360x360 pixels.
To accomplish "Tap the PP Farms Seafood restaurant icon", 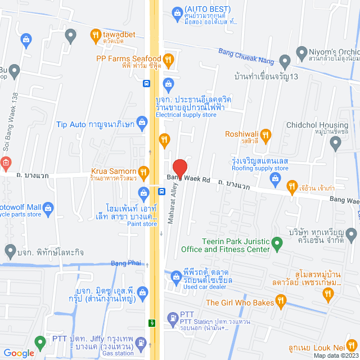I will (168, 59).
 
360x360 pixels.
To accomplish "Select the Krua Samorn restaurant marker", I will (144, 172).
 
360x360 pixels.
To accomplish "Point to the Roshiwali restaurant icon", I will (265, 134).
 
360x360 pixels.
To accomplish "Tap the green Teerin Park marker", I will (277, 244).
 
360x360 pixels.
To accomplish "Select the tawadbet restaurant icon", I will (95, 37).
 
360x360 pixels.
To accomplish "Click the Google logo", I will (19, 353).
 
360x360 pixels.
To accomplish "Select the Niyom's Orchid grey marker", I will (285, 60).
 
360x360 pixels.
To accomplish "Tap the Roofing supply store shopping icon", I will (275, 179).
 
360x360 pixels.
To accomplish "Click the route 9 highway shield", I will (152, 323).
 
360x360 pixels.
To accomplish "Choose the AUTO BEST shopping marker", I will (176, 10).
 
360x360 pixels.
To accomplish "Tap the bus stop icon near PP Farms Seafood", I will (146, 84).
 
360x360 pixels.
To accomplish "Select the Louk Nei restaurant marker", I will (352, 345).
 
